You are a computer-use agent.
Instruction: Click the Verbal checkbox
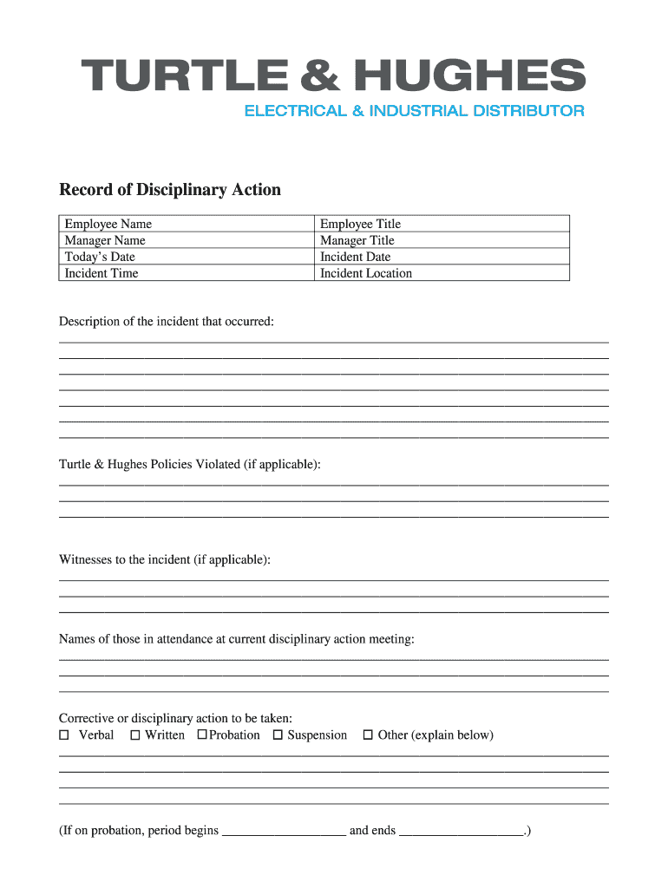[63, 735]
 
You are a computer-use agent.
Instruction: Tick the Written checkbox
[135, 735]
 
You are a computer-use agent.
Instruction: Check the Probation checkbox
[202, 735]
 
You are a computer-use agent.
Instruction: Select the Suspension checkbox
[278, 735]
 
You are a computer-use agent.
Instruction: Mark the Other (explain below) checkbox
[368, 735]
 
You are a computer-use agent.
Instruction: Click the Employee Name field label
[108, 224]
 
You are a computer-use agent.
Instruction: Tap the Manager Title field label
[357, 240]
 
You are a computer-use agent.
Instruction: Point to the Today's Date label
[100, 257]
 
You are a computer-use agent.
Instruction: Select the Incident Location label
[366, 273]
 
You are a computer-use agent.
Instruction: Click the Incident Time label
[102, 273]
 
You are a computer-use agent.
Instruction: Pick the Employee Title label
[360, 224]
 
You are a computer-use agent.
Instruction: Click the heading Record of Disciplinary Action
[170, 190]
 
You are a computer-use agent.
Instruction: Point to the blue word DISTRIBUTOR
[524, 111]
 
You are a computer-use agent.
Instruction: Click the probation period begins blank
[284, 831]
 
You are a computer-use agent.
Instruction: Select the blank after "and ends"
[462, 831]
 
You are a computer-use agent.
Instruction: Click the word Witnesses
[88, 560]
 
